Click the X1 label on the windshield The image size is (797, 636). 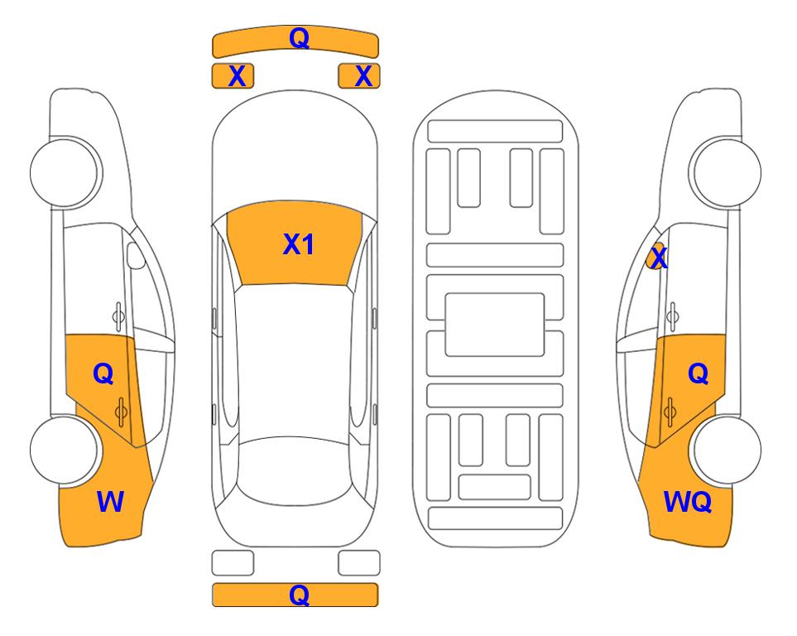pos(299,244)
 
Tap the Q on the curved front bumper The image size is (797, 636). pos(300,37)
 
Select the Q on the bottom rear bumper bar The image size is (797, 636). pos(299,595)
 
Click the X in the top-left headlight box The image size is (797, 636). pos(237,76)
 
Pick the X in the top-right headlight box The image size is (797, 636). pos(363,76)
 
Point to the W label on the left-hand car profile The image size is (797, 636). pos(110,502)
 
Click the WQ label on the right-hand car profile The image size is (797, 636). pos(688,502)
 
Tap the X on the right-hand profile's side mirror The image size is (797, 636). pos(659,258)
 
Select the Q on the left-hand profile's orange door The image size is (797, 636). pos(103,374)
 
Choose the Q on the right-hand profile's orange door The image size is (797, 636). pos(699,374)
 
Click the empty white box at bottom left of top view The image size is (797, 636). pos(233,563)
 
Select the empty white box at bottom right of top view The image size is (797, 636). pos(359,563)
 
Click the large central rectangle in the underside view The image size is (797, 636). pos(495,325)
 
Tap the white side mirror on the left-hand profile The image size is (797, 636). pos(136,255)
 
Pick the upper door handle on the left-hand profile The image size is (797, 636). pos(118,316)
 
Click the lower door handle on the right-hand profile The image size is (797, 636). pos(670,412)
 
